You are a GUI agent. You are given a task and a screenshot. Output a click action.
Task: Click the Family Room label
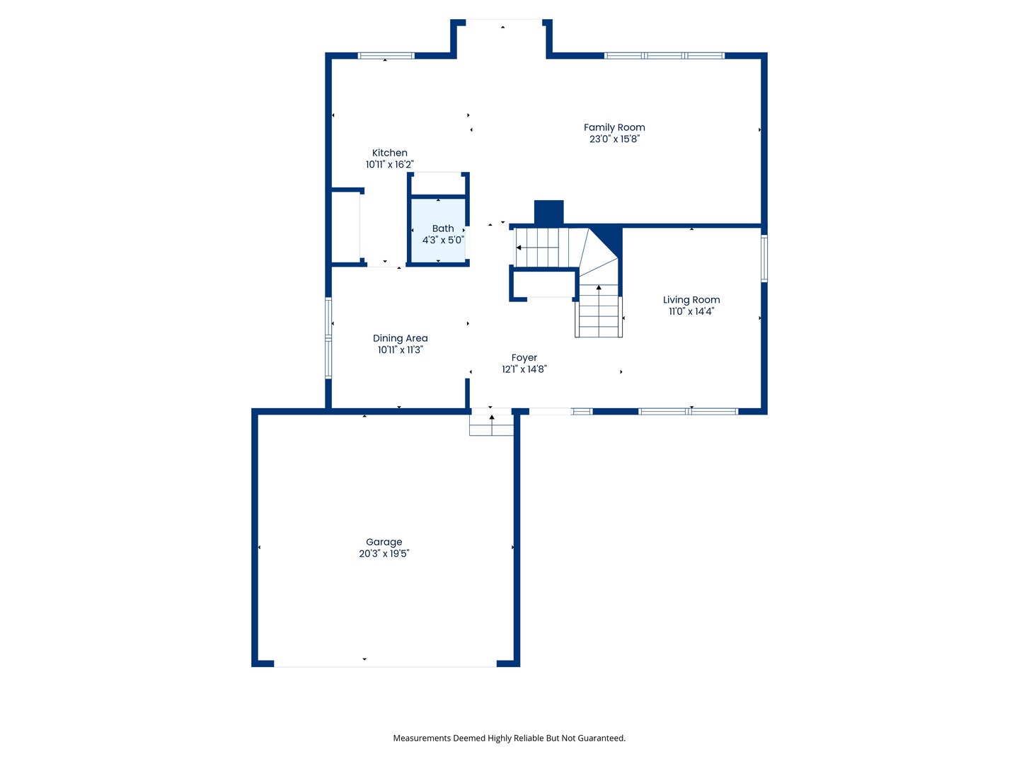pos(614,127)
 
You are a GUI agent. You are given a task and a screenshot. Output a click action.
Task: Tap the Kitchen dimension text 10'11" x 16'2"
pos(389,164)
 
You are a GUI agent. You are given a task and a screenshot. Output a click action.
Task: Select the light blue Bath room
pos(438,230)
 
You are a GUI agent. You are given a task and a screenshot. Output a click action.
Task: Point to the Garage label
pos(384,542)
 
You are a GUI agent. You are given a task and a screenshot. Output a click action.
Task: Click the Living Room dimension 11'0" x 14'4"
pos(691,311)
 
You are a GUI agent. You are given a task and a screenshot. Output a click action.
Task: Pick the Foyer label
pos(524,358)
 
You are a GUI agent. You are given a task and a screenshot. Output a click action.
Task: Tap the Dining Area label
pos(400,338)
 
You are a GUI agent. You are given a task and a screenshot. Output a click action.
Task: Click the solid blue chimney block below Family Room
pos(548,213)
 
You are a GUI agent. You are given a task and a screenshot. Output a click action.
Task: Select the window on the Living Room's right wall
pos(764,258)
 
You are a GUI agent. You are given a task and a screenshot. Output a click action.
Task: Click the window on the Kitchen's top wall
pos(386,56)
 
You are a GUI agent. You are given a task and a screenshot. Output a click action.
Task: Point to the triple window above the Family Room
pos(664,56)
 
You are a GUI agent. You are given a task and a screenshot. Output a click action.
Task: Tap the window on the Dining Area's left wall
pos(328,338)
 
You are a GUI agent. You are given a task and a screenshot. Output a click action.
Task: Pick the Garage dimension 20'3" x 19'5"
pos(384,553)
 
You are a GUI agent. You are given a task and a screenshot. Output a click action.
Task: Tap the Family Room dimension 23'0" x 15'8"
pos(614,139)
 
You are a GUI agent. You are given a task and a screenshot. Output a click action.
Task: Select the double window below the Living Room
pos(688,411)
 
